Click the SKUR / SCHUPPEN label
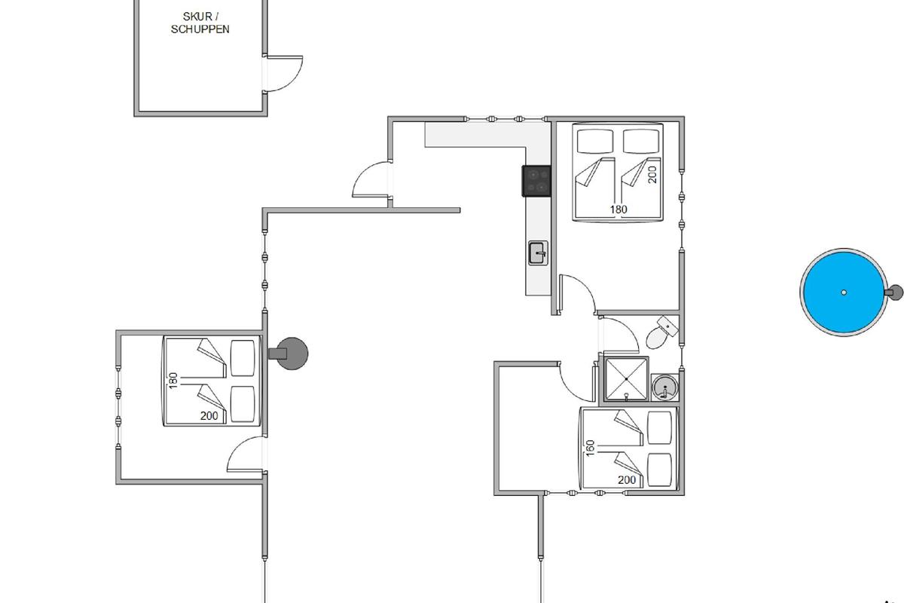pyautogui.click(x=200, y=23)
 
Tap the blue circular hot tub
pyautogui.click(x=844, y=292)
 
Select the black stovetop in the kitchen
pyautogui.click(x=536, y=181)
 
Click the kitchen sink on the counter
pyautogui.click(x=539, y=253)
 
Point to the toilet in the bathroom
pyautogui.click(x=661, y=332)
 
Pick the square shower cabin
pyautogui.click(x=626, y=379)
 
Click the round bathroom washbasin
pyautogui.click(x=664, y=387)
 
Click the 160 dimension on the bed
pyautogui.click(x=590, y=448)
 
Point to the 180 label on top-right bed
pyautogui.click(x=618, y=210)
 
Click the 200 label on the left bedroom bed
pyautogui.click(x=209, y=415)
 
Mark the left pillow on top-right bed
pyautogui.click(x=595, y=141)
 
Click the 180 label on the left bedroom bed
pyautogui.click(x=173, y=381)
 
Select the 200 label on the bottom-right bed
pyautogui.click(x=627, y=480)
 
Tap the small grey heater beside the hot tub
pyautogui.click(x=894, y=292)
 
